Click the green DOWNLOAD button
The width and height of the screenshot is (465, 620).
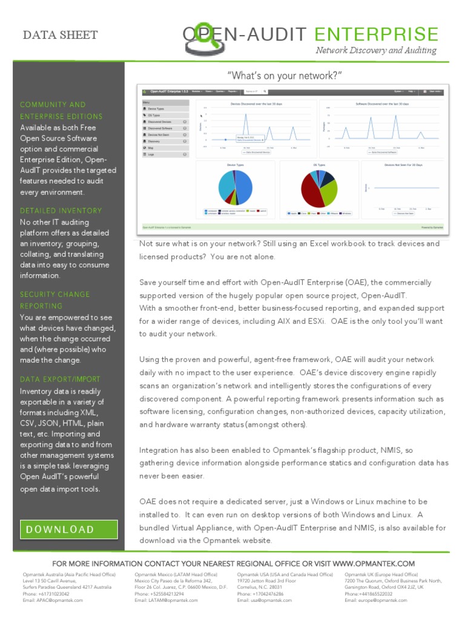tap(68, 529)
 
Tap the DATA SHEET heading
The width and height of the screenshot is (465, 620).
tap(60, 35)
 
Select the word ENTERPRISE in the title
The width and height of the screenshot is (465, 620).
tap(377, 35)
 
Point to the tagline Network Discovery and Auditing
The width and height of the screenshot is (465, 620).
tap(376, 51)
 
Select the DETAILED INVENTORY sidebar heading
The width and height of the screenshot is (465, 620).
tap(61, 211)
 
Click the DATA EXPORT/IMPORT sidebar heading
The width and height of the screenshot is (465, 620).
tap(60, 379)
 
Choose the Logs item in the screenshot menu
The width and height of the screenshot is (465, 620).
tap(151, 154)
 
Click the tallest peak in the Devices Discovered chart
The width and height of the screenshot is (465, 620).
tap(246, 116)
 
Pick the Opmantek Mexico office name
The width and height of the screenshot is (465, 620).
tap(176, 574)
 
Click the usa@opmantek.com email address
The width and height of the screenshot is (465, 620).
tap(264, 600)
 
